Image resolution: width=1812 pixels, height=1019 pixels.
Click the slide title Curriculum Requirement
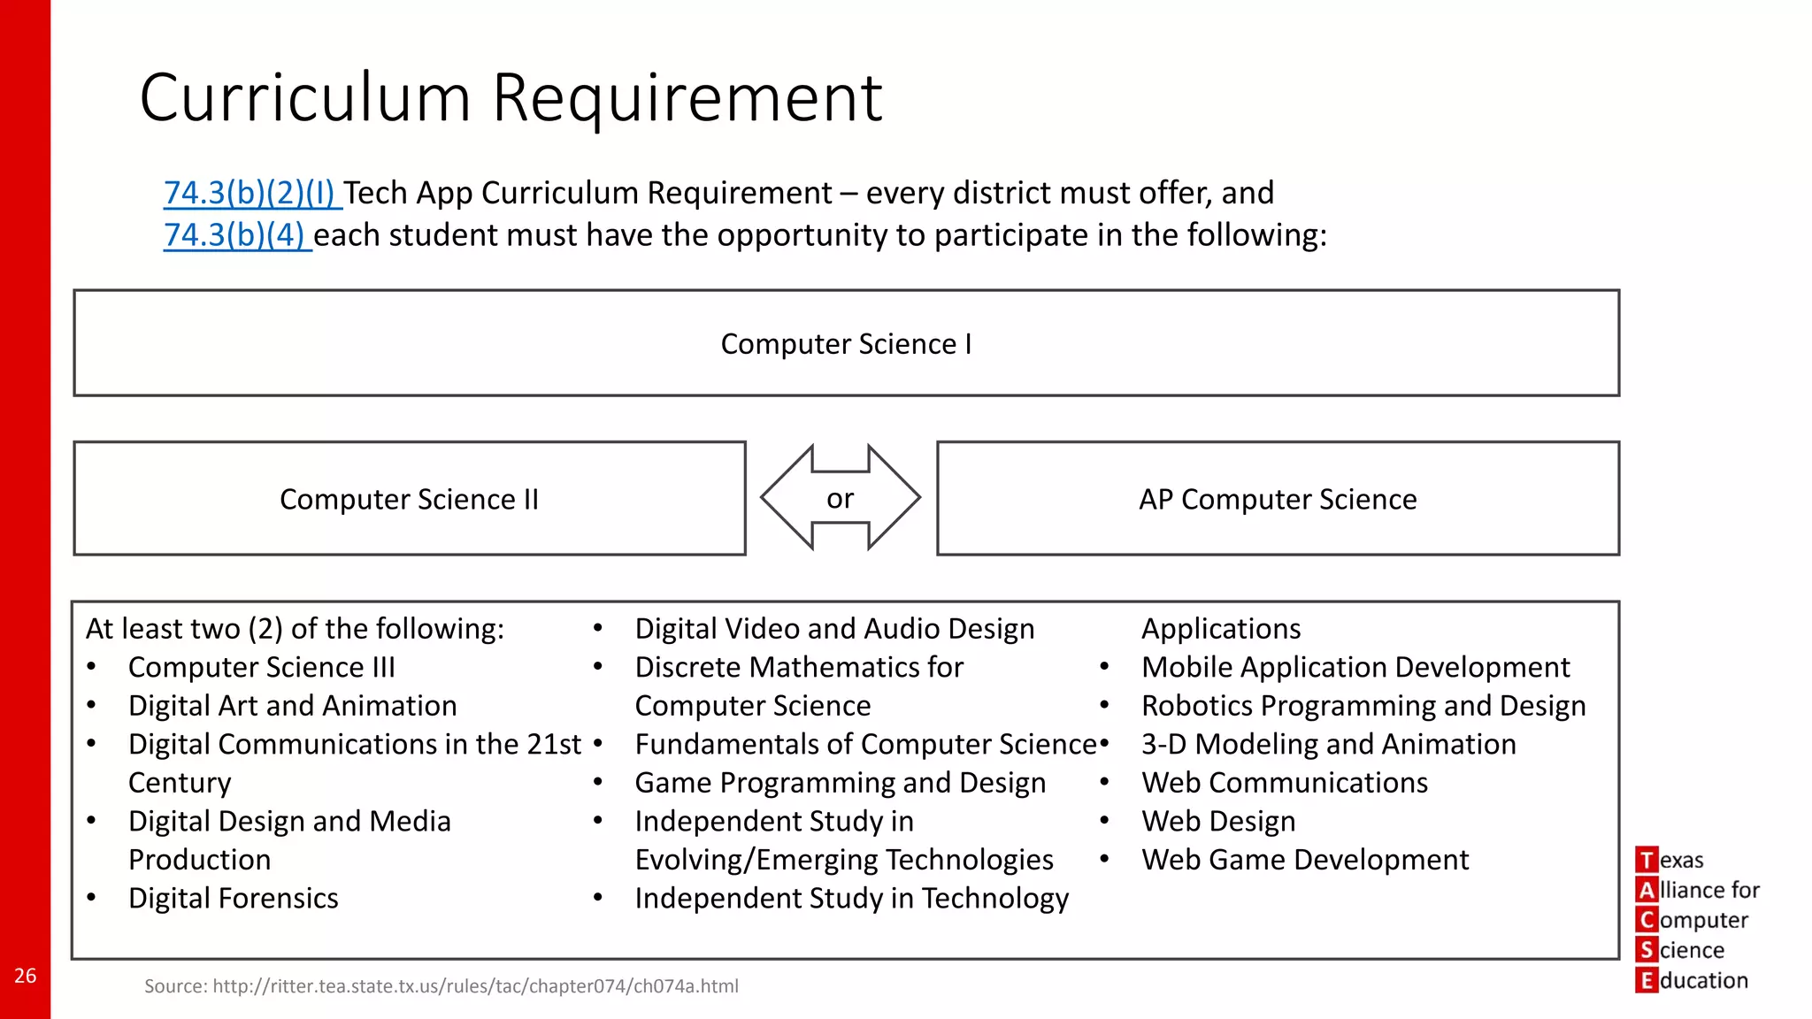(511, 97)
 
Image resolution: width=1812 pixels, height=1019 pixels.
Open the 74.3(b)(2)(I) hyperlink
(251, 193)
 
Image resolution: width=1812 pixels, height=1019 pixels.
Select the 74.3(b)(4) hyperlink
(236, 235)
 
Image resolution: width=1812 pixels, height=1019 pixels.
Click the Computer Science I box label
(846, 344)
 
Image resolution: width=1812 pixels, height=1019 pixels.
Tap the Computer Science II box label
(409, 500)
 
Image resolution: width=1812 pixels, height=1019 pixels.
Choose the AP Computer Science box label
(1278, 500)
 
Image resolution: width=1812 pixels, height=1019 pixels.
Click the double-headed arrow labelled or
(841, 498)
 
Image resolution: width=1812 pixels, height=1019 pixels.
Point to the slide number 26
(25, 976)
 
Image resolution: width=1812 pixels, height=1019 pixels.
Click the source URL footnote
(441, 986)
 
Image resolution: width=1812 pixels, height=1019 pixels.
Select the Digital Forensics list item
(233, 899)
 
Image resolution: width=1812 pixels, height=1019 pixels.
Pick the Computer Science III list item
(261, 668)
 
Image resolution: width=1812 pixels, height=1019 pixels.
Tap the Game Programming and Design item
(840, 783)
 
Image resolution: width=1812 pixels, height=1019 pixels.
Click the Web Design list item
(1218, 822)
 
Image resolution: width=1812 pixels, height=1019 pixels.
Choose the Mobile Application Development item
(1355, 668)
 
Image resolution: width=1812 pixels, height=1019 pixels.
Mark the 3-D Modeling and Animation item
(1328, 745)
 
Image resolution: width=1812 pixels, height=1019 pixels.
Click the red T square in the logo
(1647, 860)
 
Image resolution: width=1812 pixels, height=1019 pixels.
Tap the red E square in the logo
(1647, 980)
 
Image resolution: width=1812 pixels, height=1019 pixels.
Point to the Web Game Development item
(1305, 860)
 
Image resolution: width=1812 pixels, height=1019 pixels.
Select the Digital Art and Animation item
(292, 706)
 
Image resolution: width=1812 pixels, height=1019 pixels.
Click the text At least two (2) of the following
(295, 629)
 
